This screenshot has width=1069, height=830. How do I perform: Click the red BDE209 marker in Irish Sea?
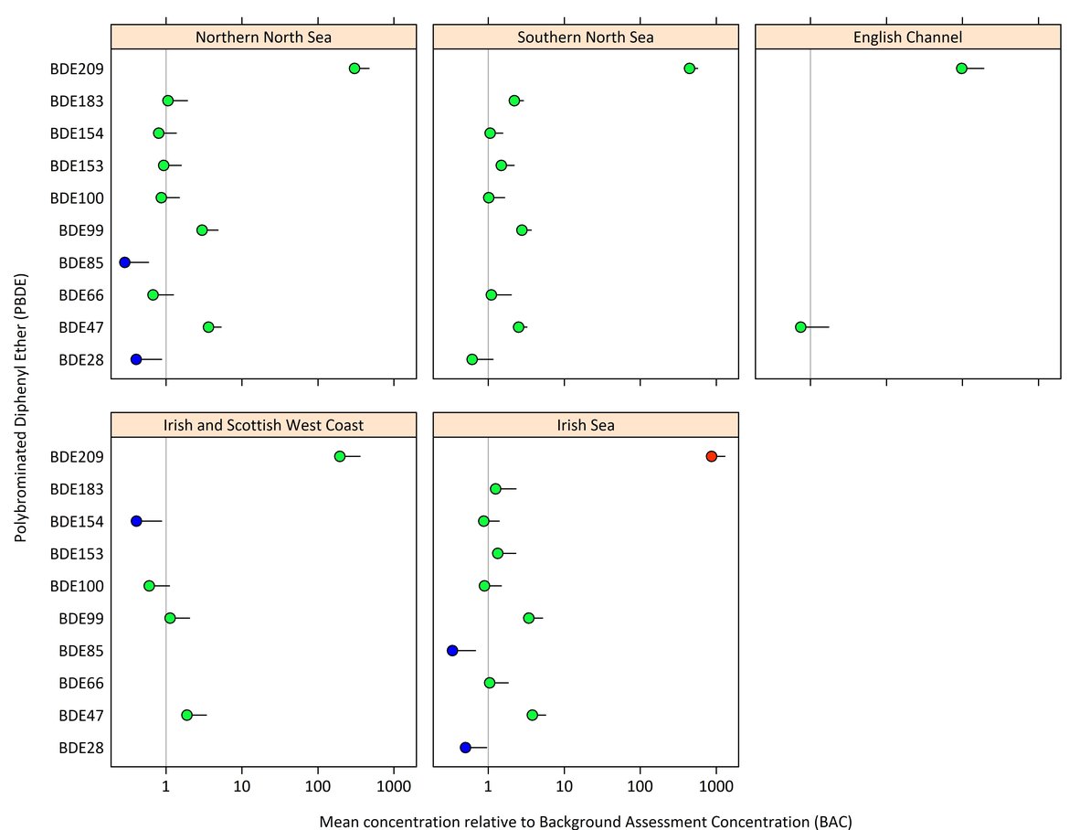click(x=711, y=456)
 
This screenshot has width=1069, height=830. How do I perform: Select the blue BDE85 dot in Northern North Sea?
click(x=124, y=262)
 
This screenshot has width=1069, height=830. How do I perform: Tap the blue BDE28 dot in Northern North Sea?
click(x=136, y=359)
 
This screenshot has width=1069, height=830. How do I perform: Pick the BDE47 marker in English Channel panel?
click(x=800, y=327)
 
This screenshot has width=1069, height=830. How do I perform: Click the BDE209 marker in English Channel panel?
click(x=961, y=69)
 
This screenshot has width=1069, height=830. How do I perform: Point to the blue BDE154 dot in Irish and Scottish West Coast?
click(x=136, y=521)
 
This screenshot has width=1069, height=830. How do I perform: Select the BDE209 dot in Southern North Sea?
click(x=690, y=69)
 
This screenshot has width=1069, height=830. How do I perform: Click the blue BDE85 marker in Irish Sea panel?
click(x=452, y=651)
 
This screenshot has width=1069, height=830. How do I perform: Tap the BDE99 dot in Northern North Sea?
click(x=202, y=229)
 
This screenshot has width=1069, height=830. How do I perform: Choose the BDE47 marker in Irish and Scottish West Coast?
click(x=187, y=715)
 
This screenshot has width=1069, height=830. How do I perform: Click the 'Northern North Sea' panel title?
click(x=263, y=37)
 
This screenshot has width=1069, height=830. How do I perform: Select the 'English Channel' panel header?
click(x=907, y=37)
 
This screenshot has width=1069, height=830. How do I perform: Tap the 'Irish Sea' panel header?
click(x=586, y=425)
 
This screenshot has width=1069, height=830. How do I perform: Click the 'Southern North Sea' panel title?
click(x=586, y=37)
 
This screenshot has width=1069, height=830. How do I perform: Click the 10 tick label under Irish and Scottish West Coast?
click(x=241, y=784)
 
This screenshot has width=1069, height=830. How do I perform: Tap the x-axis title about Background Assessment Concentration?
click(x=586, y=821)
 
